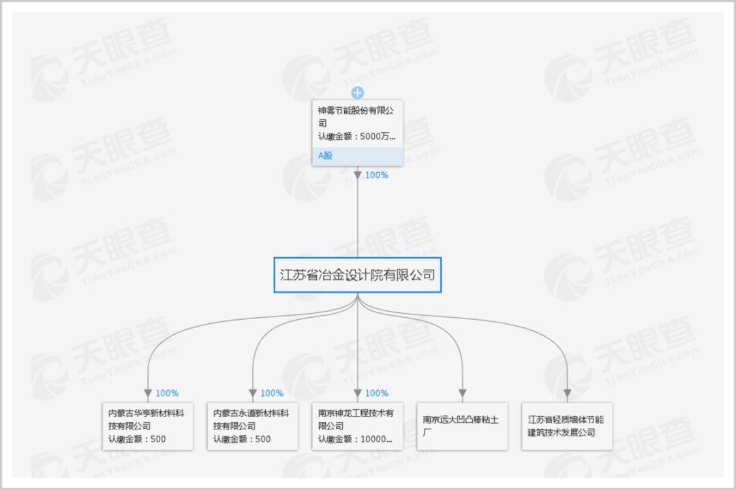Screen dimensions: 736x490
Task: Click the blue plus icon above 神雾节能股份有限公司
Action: [x=358, y=93]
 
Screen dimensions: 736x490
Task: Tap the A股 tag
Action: [x=325, y=156]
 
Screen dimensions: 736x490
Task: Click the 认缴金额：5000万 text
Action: [x=356, y=136]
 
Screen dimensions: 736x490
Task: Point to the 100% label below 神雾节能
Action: [x=376, y=175]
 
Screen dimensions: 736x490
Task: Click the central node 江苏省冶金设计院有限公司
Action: [x=357, y=275]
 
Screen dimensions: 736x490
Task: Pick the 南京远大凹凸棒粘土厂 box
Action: [x=462, y=425]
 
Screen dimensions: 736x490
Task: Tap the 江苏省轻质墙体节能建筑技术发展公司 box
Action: [x=567, y=425]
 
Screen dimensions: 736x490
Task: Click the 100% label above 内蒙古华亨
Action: [x=167, y=393]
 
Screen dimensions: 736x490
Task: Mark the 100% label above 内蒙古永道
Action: [x=272, y=393]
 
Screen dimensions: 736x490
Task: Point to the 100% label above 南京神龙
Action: [x=377, y=393]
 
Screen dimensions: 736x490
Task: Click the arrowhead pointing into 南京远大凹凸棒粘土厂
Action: [x=462, y=393]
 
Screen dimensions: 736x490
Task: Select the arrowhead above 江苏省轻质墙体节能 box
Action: [x=567, y=393]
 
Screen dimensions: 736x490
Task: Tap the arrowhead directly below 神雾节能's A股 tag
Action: [x=358, y=175]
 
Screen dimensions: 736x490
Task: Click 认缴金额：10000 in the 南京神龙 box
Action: [x=356, y=439]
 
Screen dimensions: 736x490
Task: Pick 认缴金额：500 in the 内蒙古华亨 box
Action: [x=137, y=439]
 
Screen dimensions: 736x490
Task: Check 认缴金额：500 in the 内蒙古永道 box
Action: [x=242, y=439]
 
